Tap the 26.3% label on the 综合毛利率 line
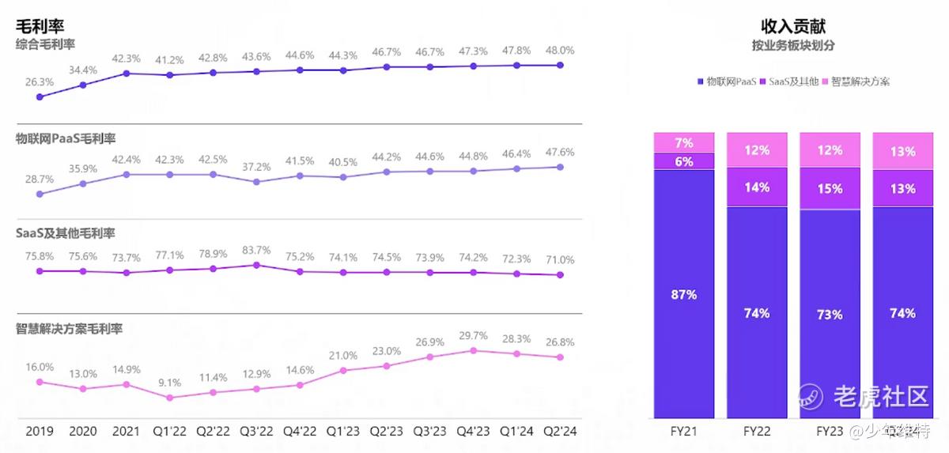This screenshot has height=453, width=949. [40, 81]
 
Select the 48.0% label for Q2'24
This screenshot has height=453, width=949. [560, 50]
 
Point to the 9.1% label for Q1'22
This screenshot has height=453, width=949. [169, 382]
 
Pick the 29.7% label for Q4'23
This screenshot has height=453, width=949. [473, 335]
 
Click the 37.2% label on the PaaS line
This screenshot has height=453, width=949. [256, 167]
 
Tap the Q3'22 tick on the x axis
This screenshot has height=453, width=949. [256, 432]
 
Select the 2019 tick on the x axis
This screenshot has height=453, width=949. [40, 432]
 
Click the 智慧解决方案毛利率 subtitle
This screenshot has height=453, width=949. [69, 329]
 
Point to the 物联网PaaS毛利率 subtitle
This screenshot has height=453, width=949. [66, 139]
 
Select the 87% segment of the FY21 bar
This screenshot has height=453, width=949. [684, 294]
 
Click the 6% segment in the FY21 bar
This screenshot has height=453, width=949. [684, 161]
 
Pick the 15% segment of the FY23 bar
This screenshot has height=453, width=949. [830, 189]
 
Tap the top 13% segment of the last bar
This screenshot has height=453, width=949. [902, 152]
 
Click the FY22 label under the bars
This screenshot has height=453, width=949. [757, 432]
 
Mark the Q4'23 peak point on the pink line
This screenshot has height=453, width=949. [473, 350]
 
